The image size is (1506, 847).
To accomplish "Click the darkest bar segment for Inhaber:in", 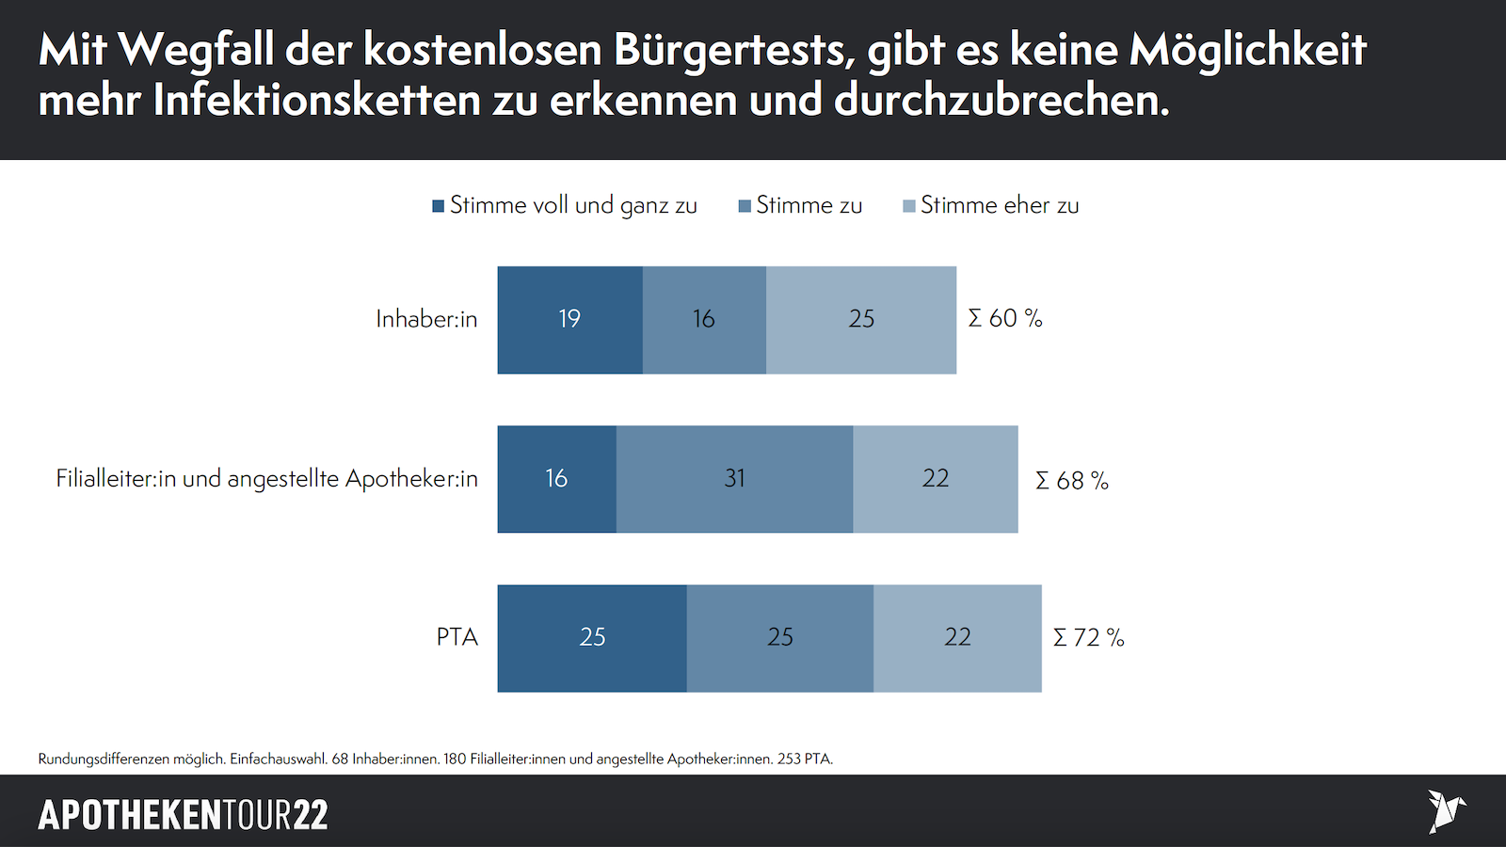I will [x=569, y=320].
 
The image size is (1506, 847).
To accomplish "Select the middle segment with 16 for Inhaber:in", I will [x=704, y=320].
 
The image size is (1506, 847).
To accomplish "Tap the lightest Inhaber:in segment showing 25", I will [x=861, y=320].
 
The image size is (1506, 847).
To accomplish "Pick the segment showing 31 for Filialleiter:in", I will [x=734, y=479].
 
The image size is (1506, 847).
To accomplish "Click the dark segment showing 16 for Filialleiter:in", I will [x=556, y=479].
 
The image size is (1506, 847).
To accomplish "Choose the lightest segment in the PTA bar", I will [x=957, y=638].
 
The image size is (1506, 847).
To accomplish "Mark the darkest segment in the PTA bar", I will [x=592, y=638].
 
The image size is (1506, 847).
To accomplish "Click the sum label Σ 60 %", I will [x=1005, y=319].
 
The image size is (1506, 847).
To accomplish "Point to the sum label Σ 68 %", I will [x=1072, y=481].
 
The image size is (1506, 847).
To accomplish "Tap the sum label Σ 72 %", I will [x=1089, y=638].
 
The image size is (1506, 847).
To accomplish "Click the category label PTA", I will [x=457, y=637].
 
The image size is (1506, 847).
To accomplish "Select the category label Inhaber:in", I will [x=426, y=319].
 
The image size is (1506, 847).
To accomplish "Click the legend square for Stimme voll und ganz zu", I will [x=438, y=206].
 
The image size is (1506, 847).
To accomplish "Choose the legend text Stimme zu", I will [x=809, y=205].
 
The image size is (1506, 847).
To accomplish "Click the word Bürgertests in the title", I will [x=734, y=50].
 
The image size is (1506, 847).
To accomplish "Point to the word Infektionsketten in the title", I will [x=317, y=101].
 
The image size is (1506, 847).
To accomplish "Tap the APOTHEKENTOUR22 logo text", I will [x=183, y=815].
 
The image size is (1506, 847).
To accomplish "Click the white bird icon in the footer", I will [x=1445, y=811].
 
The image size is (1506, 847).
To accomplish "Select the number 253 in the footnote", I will [x=789, y=759].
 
